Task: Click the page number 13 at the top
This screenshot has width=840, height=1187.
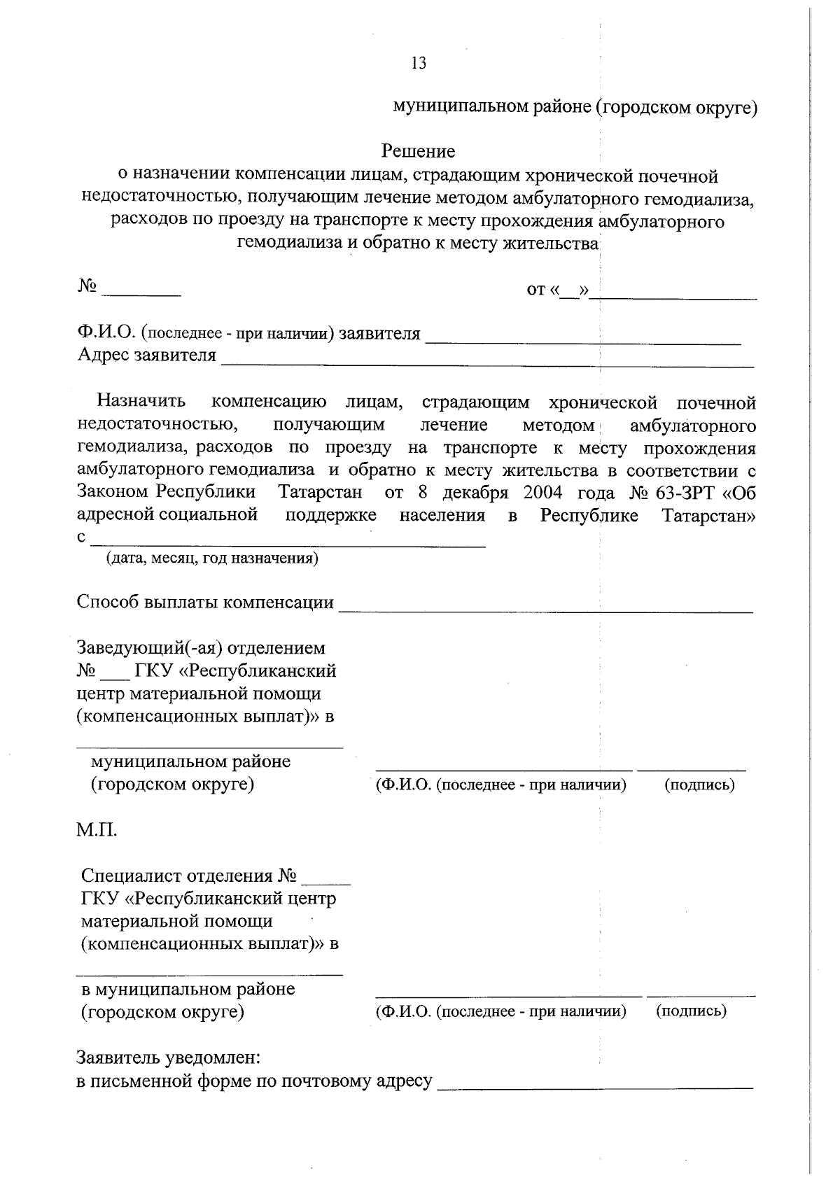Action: [x=419, y=63]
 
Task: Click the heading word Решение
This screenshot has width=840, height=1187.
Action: [x=418, y=151]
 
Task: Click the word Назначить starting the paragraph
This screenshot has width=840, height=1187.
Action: [x=141, y=402]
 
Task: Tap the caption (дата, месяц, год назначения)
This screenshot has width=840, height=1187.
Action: [x=212, y=559]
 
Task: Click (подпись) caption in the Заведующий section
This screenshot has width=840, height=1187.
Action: [x=699, y=785]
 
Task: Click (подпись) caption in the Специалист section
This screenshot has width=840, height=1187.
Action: [x=691, y=1011]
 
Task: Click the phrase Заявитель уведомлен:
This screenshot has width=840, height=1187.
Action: [x=169, y=1056]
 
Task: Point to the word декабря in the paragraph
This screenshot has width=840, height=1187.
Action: [x=475, y=493]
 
